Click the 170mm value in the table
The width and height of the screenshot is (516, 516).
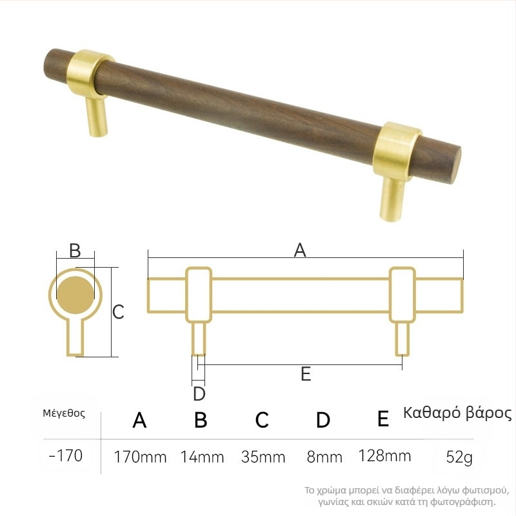(x=140, y=457)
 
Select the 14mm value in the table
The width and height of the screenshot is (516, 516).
(x=202, y=457)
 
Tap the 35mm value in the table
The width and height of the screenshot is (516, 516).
(x=263, y=457)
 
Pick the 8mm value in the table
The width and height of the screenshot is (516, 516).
(x=324, y=457)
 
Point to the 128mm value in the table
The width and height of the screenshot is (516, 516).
(x=384, y=456)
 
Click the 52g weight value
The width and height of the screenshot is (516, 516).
(x=459, y=457)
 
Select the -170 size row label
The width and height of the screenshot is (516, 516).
(x=66, y=456)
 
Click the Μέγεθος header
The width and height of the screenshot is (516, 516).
(x=64, y=413)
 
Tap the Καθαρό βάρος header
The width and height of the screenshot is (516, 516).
(x=457, y=413)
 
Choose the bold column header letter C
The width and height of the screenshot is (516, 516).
(x=262, y=420)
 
